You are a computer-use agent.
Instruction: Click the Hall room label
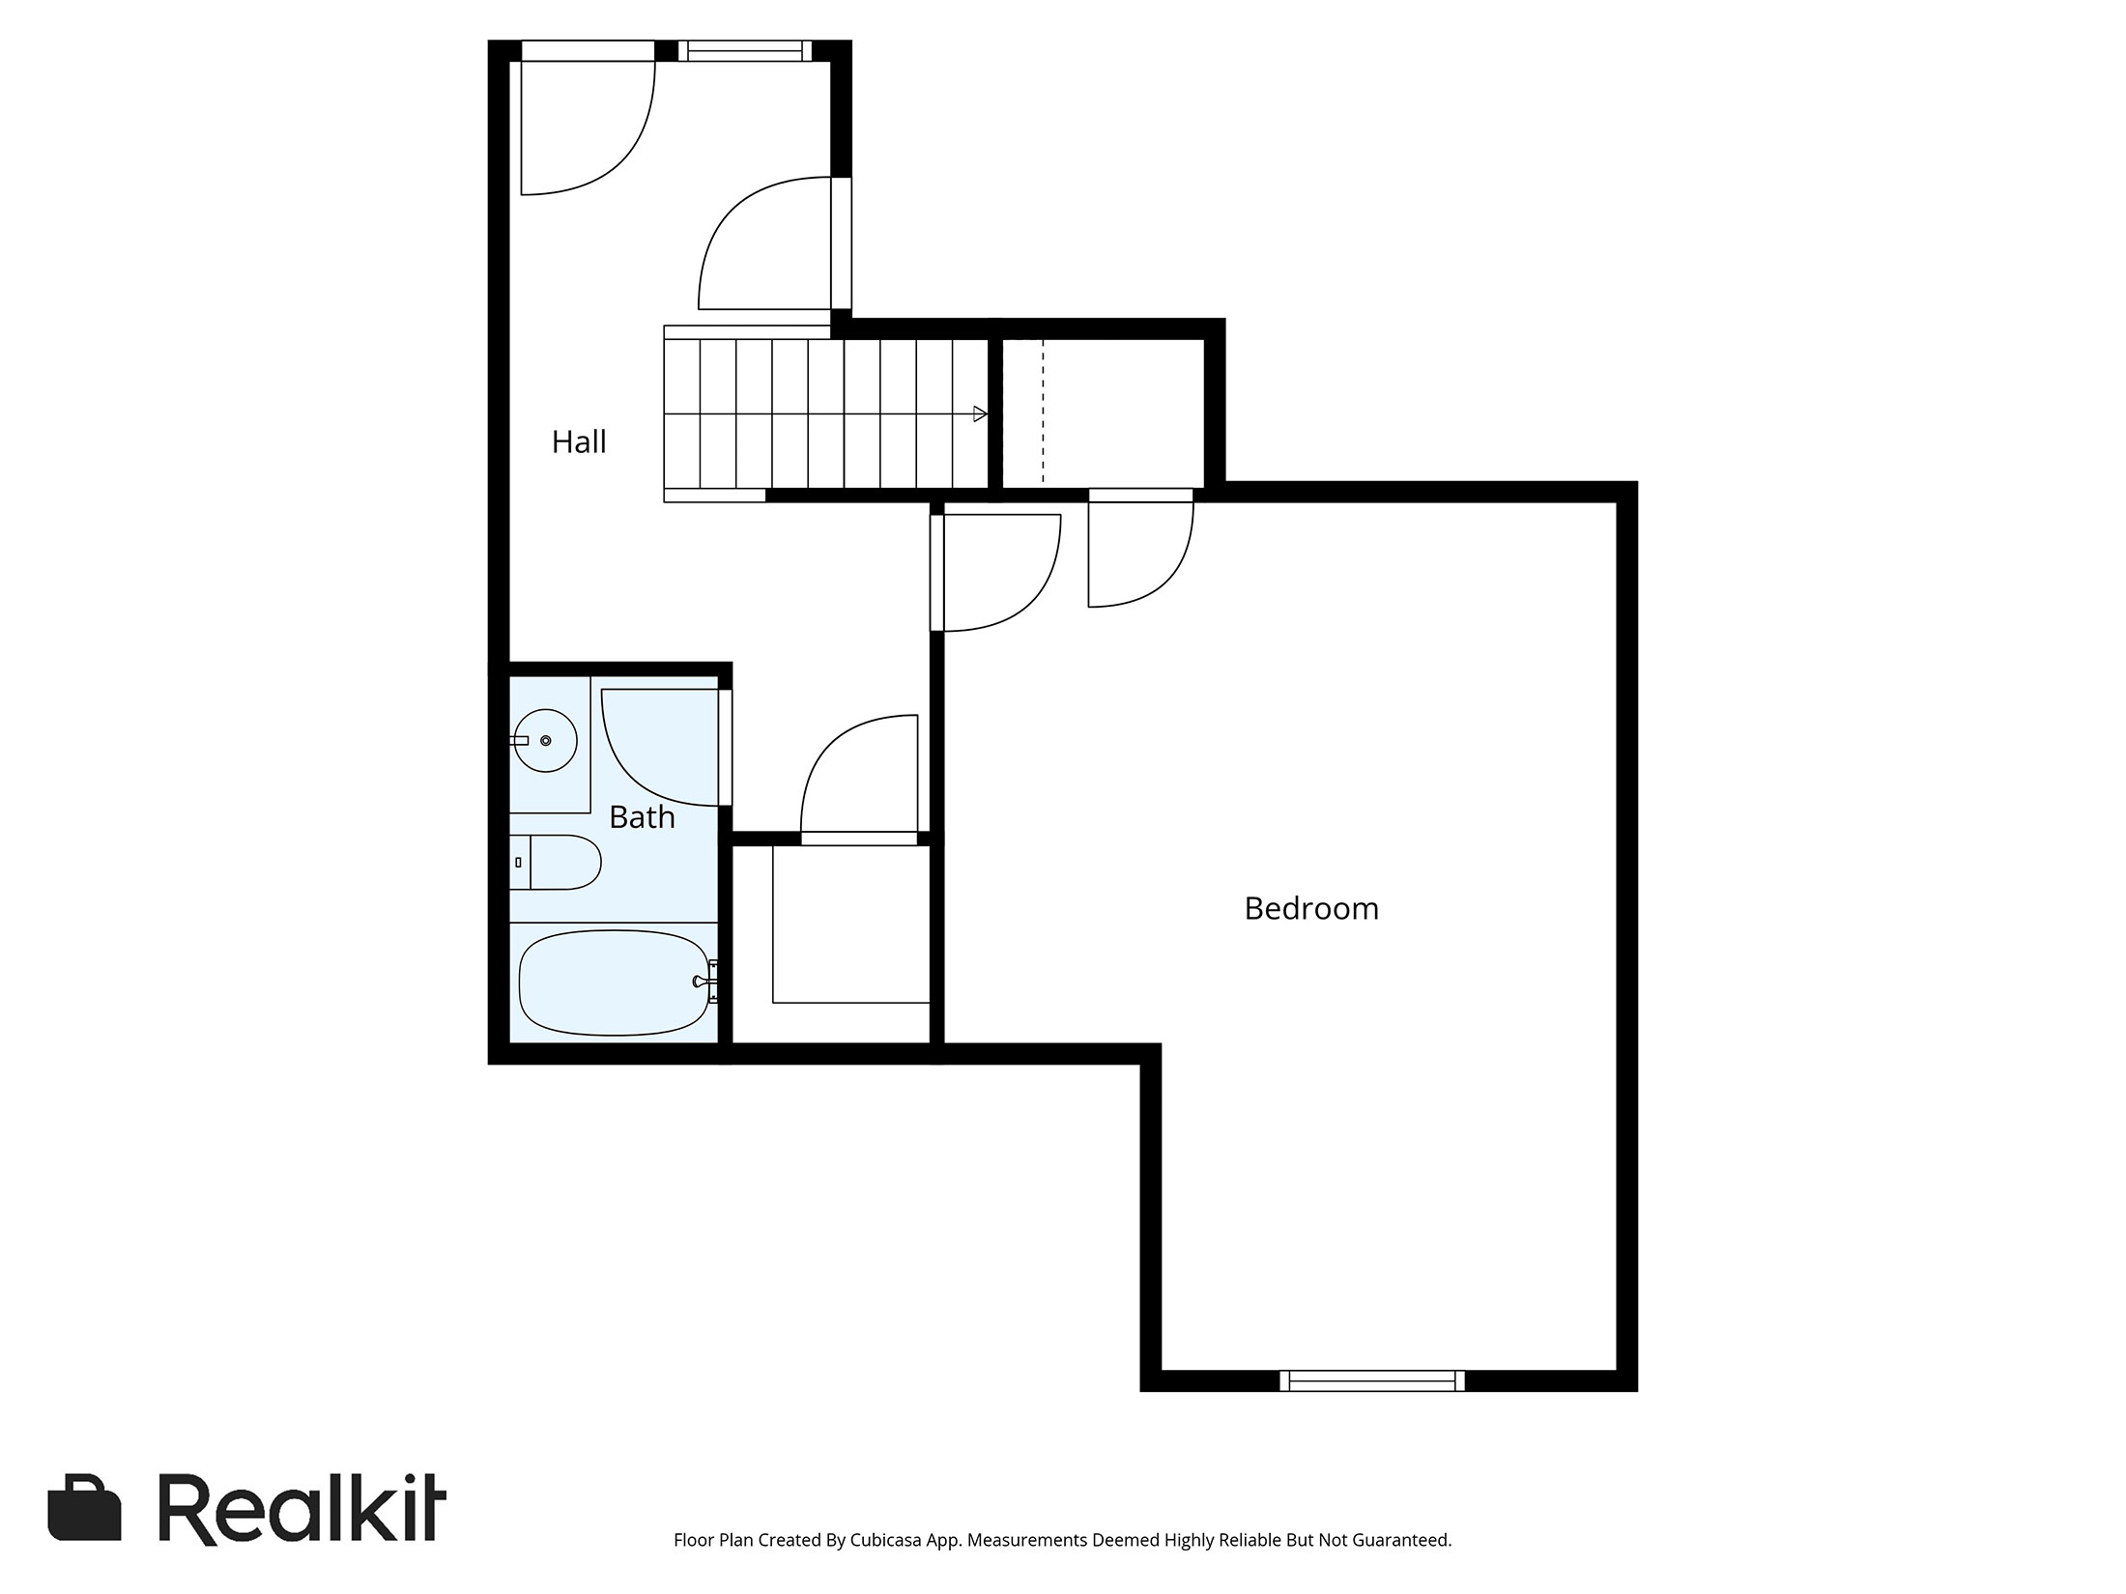579,442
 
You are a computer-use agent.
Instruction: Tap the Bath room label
642,818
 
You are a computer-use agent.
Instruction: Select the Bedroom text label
1310,909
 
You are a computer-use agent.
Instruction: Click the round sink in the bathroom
545,741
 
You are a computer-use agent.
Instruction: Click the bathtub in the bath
615,982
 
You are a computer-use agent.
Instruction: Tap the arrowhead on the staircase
980,414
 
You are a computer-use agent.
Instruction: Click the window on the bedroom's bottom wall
1371,1381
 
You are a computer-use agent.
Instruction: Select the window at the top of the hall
744,50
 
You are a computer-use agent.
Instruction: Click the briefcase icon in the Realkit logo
84,1507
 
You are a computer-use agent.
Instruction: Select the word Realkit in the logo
302,1508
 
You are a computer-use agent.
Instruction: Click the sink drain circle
546,741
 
